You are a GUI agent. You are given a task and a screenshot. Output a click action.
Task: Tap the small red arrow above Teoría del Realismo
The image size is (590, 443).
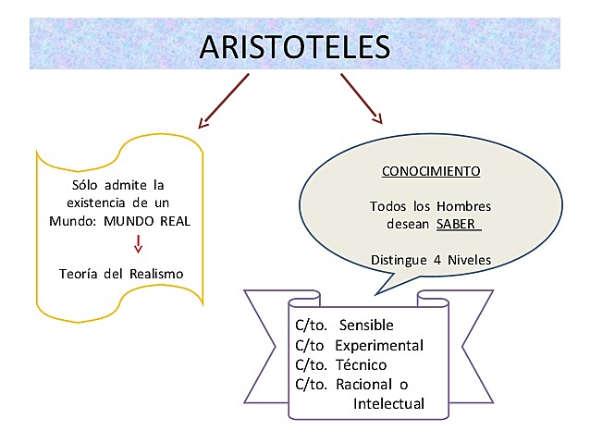tap(138, 243)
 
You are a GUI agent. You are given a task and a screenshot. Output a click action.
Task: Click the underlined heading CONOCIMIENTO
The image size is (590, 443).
tap(431, 172)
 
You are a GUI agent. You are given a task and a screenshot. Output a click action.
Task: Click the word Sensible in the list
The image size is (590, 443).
tap(366, 326)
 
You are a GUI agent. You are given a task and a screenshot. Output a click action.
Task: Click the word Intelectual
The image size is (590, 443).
tap(388, 403)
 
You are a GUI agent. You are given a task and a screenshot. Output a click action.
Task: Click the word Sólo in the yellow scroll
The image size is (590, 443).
tap(86, 184)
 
